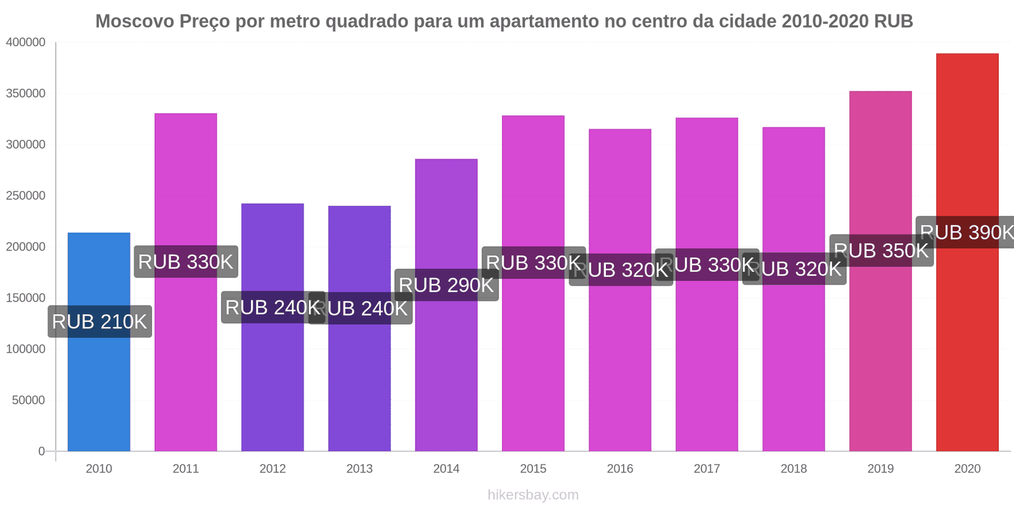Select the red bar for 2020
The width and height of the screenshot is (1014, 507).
coord(967,349)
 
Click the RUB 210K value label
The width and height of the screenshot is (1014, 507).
coord(99,322)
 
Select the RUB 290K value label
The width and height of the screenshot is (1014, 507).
coord(446,285)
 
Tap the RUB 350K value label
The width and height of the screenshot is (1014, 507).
coord(881,251)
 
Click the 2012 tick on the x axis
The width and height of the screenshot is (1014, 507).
coord(273,469)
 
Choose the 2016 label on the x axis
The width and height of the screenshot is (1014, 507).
coord(620,469)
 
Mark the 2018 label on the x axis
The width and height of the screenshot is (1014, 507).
coord(793,469)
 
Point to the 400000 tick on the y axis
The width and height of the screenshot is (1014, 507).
coord(26,42)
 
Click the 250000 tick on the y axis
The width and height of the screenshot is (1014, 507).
coord(26,196)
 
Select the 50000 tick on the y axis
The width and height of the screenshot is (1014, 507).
coord(29,401)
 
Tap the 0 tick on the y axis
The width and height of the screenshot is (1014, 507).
coord(41,451)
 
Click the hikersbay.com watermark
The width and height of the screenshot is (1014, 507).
coord(533,495)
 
